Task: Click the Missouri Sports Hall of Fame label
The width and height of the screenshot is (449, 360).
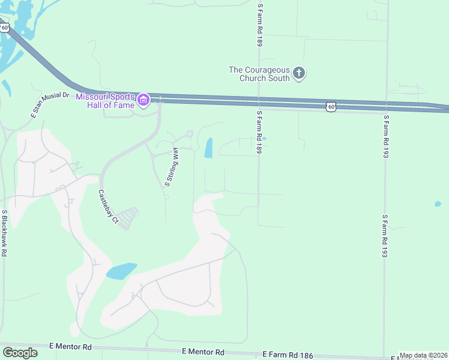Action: pos(105,100)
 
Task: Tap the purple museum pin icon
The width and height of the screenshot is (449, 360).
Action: pos(143,100)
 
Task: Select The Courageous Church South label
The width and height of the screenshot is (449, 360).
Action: pos(259,74)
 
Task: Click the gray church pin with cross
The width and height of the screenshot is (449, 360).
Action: pos(299,74)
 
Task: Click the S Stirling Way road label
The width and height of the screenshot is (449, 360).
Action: pos(172,167)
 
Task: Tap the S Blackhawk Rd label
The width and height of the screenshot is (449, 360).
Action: pos(4,233)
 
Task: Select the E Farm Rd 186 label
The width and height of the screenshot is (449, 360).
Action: pos(288,355)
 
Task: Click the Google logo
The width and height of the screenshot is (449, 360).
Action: pos(20,353)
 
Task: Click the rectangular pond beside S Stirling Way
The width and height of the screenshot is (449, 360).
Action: pos(208,148)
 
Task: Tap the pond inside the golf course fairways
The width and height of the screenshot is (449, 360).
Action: pos(121,271)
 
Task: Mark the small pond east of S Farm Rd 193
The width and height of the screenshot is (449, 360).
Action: pos(438,204)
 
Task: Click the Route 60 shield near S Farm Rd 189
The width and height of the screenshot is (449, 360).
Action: pos(331,106)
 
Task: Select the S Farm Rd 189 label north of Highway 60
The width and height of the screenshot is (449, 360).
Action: pos(259,24)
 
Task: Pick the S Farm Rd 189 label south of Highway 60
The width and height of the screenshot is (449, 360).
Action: pos(259,132)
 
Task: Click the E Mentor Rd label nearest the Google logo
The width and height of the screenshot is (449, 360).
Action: pos(70,347)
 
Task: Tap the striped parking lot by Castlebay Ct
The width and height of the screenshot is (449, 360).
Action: pos(127,215)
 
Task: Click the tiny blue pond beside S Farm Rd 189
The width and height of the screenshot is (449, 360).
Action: pos(264,139)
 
